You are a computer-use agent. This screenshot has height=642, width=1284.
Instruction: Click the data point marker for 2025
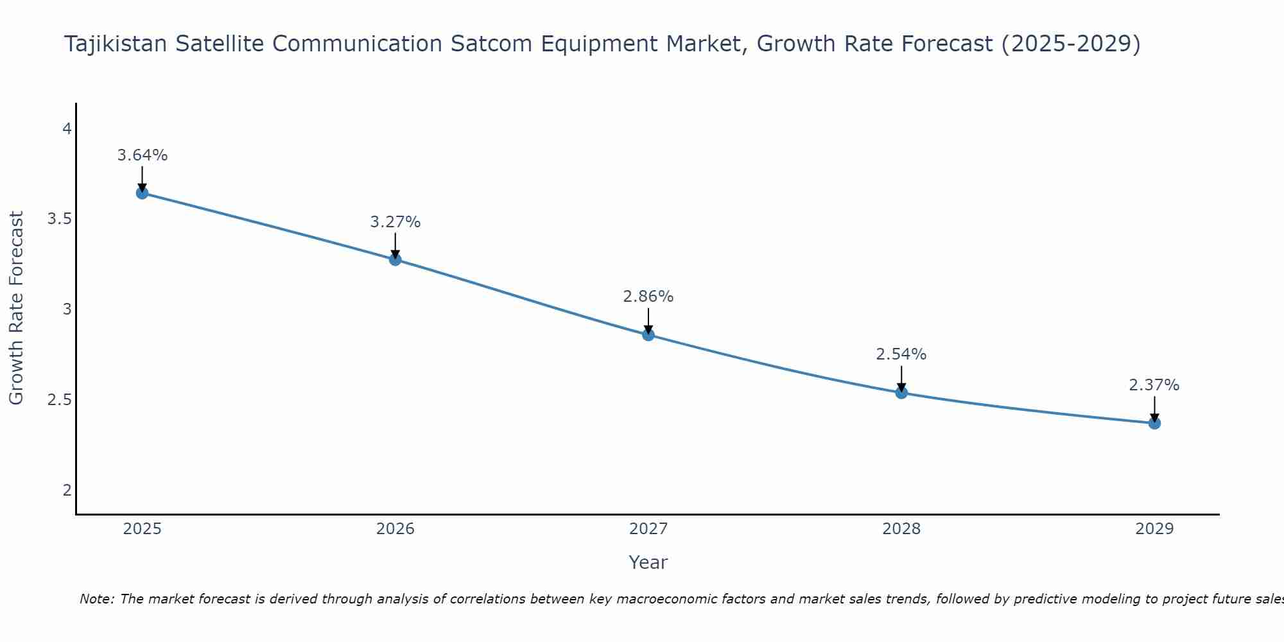[x=143, y=193]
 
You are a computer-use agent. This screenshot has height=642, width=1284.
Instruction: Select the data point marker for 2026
[x=395, y=259]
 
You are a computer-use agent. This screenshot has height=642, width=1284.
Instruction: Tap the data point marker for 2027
[x=648, y=334]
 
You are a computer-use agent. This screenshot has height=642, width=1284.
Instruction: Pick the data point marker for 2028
[x=901, y=392]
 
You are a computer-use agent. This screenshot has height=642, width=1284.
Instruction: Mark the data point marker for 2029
[x=1154, y=423]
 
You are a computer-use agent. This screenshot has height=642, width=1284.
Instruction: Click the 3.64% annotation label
[x=143, y=155]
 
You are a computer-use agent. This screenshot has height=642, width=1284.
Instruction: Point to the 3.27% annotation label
[x=395, y=222]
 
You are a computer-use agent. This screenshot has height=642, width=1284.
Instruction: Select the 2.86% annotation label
[x=648, y=297]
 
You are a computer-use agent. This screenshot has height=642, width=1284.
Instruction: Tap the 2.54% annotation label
[x=901, y=354]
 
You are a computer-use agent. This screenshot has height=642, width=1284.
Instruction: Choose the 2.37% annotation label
[x=1154, y=385]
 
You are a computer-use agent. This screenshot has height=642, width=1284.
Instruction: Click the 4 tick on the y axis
[x=67, y=129]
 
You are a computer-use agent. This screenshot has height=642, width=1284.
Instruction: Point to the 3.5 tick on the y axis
[x=60, y=220]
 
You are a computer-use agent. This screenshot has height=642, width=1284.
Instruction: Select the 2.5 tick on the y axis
[x=60, y=400]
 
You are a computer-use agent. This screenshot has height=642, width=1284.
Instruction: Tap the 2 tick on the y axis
[x=67, y=490]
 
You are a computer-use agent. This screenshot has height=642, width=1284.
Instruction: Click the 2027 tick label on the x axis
[x=648, y=529]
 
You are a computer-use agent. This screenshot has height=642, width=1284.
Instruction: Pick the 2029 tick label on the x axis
[x=1154, y=529]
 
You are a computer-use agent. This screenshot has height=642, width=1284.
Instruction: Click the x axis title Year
[x=648, y=562]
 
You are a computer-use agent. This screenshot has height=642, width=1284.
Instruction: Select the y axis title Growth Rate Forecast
[x=17, y=308]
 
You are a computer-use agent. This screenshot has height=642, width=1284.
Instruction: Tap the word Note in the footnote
[x=96, y=599]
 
